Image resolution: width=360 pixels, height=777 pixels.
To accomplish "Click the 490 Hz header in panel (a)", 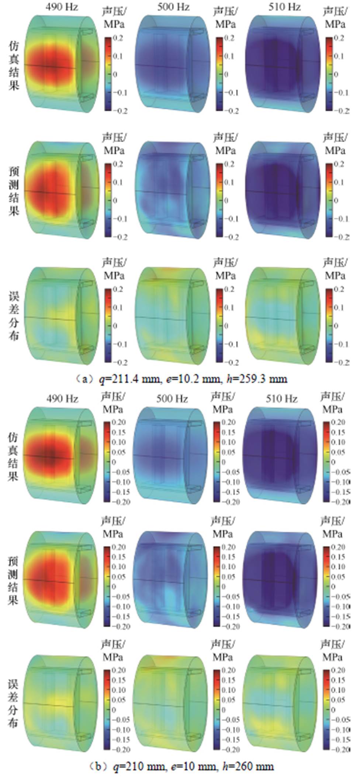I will pyautogui.click(x=62, y=7).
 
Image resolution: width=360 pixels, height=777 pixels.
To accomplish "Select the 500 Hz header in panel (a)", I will pyautogui.click(x=173, y=7).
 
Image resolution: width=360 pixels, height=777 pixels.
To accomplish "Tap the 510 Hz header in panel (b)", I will pyautogui.click(x=282, y=399).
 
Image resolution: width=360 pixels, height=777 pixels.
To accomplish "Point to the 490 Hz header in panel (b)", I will pyautogui.click(x=62, y=399).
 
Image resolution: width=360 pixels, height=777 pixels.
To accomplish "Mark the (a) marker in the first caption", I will pyautogui.click(x=82, y=379).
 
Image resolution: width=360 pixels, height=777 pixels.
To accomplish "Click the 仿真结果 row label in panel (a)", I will pyautogui.click(x=14, y=65).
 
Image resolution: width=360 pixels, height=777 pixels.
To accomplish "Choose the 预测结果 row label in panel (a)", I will pyautogui.click(x=14, y=191).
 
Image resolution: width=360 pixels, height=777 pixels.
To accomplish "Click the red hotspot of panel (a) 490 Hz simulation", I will pyautogui.click(x=52, y=66).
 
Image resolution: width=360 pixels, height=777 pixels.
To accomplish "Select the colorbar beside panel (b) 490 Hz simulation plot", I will pyautogui.click(x=107, y=462).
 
